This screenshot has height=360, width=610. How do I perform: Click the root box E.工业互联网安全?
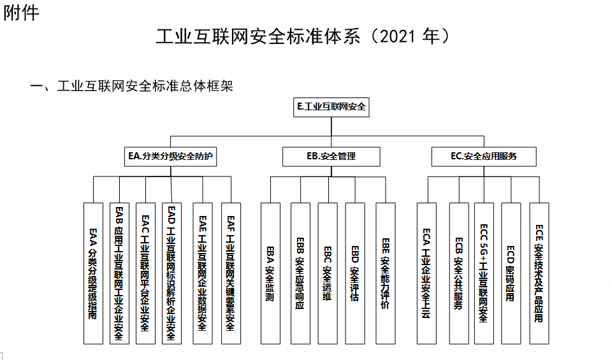[331, 107]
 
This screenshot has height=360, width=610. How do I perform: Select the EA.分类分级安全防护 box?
[170, 156]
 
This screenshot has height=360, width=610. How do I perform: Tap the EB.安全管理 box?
[331, 156]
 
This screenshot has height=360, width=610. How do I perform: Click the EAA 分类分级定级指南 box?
[93, 273]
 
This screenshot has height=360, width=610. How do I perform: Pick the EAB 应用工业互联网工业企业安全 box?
[119, 273]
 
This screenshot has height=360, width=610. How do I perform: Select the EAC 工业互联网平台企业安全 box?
[145, 273]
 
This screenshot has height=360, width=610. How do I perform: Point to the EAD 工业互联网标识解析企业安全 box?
[171, 273]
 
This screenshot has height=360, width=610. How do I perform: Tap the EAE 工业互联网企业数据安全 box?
[202, 273]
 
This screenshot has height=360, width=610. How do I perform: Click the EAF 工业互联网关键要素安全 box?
[231, 273]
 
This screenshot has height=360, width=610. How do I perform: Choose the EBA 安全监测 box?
[270, 273]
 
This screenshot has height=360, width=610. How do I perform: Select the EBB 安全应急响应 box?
[300, 273]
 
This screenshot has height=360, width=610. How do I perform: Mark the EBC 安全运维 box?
[327, 273]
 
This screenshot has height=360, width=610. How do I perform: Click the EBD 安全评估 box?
[355, 273]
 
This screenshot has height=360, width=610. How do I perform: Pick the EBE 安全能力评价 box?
[386, 273]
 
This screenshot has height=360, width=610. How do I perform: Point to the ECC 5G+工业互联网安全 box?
[484, 273]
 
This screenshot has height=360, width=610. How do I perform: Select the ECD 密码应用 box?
[511, 273]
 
